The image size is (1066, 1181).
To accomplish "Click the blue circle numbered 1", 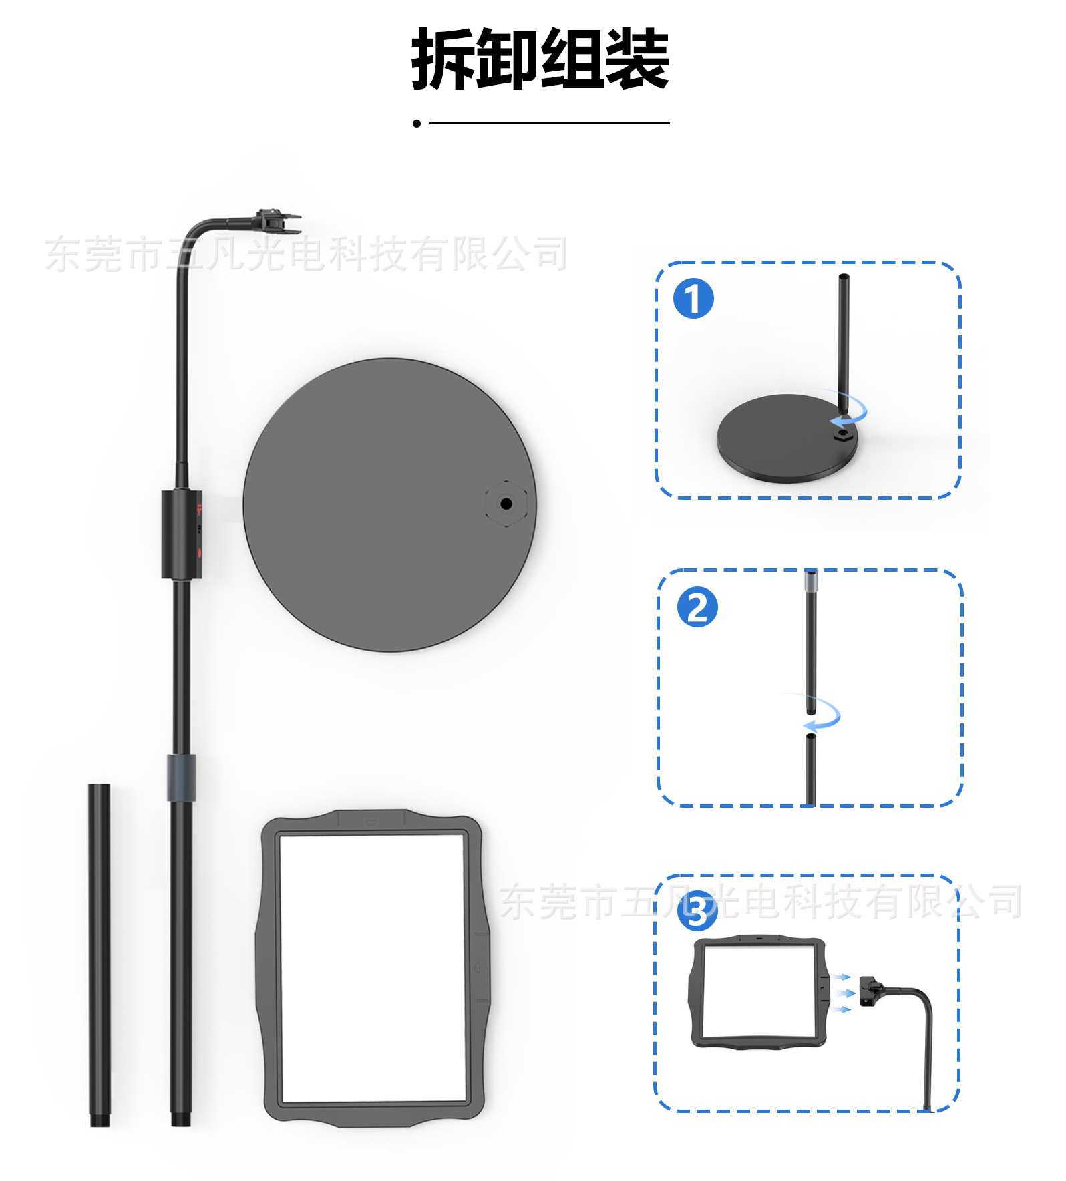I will [x=693, y=299].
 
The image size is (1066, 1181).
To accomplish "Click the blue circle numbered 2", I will [x=697, y=607].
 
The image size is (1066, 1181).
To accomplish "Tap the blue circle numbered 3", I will [x=697, y=910].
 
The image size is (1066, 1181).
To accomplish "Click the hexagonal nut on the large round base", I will [x=506, y=504].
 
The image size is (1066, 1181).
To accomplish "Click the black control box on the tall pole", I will [x=180, y=534].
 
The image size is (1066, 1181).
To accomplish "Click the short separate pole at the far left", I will [x=100, y=955].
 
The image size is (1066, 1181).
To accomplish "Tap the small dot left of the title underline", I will [x=417, y=123].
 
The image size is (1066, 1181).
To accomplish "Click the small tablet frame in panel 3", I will [x=758, y=991].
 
